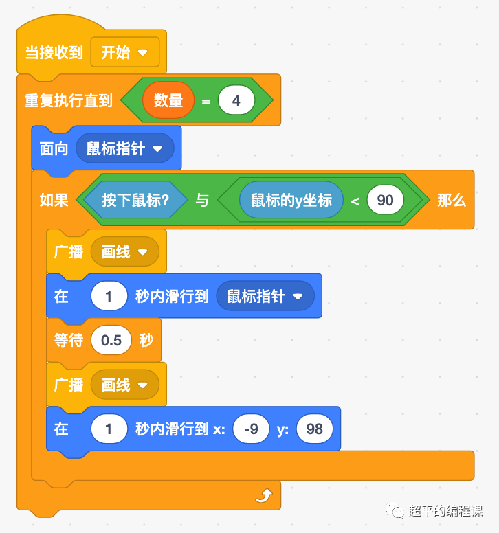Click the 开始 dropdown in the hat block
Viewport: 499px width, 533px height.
124,53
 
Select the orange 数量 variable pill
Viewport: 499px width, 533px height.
168,101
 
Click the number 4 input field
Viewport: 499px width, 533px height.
236,101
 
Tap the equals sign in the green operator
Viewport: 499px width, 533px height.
206,102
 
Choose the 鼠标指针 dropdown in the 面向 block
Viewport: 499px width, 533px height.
124,148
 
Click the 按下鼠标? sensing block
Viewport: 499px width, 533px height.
135,200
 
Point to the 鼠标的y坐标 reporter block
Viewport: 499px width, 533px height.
291,200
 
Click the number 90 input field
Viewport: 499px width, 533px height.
385,200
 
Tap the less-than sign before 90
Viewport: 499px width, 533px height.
355,201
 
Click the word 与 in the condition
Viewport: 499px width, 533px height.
202,201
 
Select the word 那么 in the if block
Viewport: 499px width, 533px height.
452,201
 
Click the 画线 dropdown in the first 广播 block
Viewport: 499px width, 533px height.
124,252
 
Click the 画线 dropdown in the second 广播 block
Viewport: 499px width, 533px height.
124,385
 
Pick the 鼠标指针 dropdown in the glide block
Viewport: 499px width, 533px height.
265,297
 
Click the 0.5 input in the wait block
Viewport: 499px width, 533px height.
111,341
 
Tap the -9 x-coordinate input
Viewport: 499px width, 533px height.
251,429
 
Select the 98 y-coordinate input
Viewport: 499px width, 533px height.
314,429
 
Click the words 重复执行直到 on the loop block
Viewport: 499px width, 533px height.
69,101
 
